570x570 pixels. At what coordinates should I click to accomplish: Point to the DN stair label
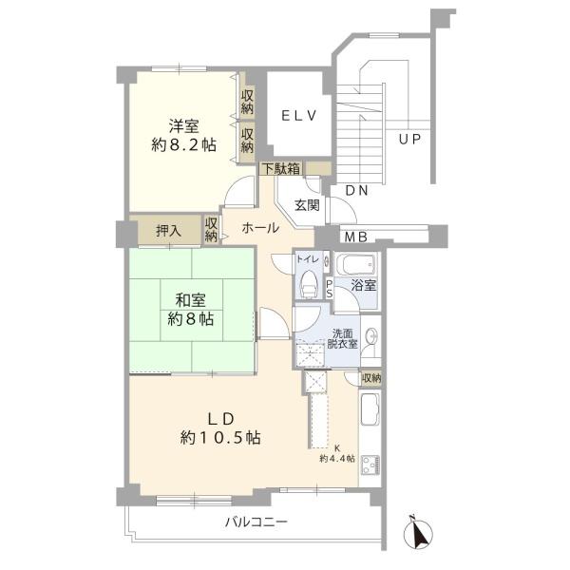tap(356, 191)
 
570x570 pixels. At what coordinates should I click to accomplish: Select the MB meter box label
tap(355, 237)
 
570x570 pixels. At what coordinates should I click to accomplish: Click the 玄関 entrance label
tap(306, 204)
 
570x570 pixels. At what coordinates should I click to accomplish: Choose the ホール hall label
tap(259, 228)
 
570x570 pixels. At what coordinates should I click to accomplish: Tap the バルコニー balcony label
tap(256, 522)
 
